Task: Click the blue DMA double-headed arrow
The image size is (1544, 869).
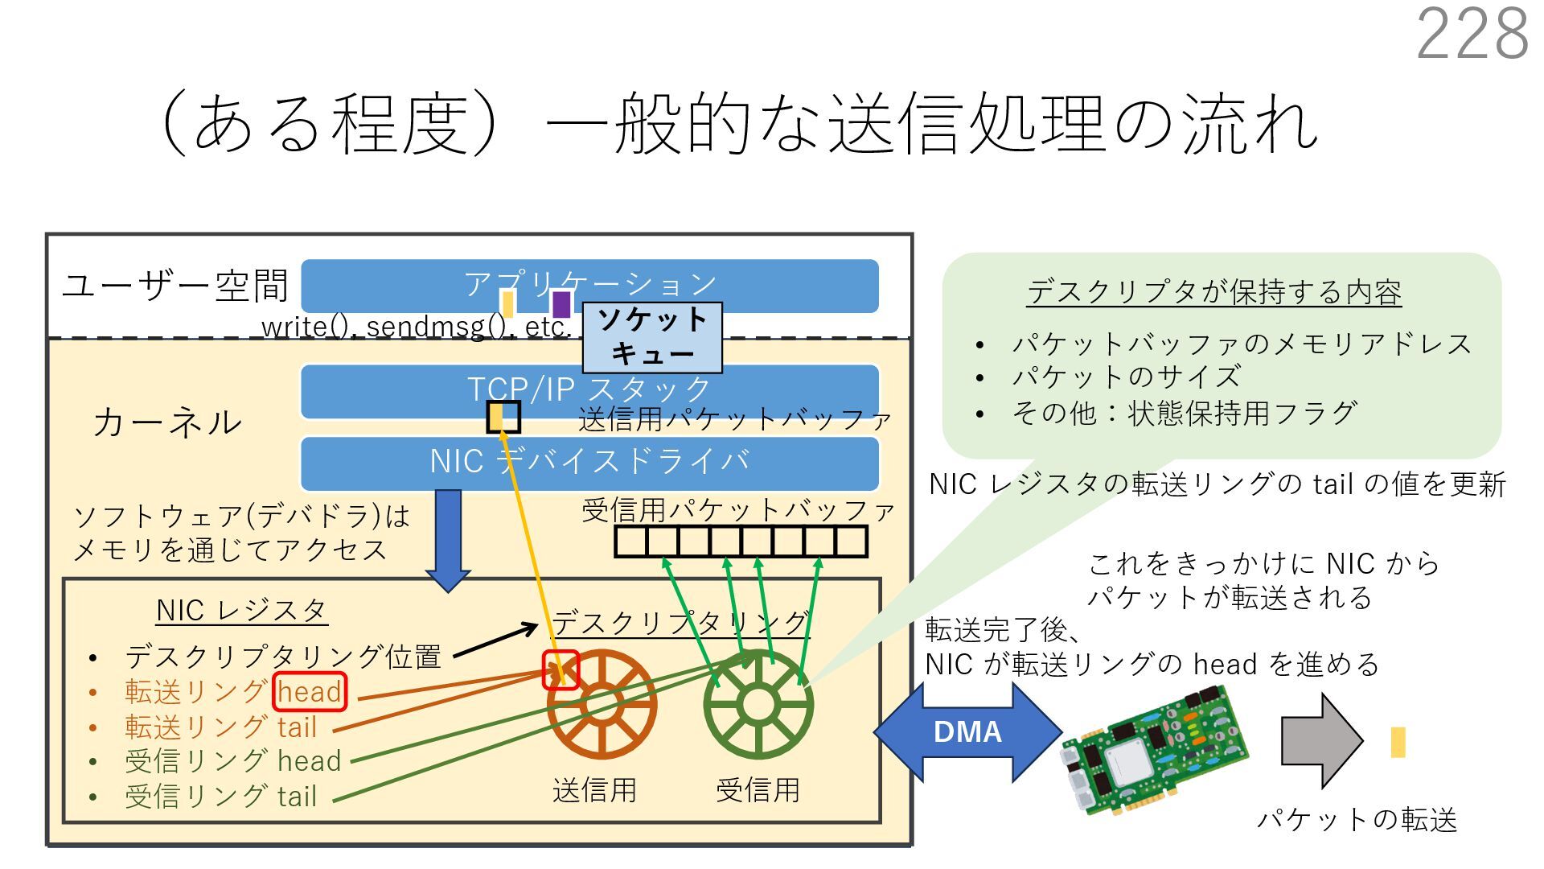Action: tap(967, 732)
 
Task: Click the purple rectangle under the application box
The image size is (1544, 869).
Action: tap(561, 304)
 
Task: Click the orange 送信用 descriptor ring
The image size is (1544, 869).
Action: tap(602, 705)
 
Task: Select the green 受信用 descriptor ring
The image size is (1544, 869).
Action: tap(758, 705)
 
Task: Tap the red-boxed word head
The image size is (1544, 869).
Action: tap(310, 692)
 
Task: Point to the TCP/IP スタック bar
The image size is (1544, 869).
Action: tap(589, 390)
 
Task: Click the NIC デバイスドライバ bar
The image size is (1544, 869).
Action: tap(589, 462)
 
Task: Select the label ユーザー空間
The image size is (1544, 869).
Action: tap(175, 286)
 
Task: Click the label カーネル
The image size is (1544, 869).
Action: tap(167, 422)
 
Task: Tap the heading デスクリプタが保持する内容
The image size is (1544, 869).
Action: tap(1213, 292)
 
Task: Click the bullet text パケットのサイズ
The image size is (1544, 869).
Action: tap(1126, 377)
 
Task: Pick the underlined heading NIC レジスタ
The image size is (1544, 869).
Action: tap(241, 611)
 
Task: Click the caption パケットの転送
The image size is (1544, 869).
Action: tap(1357, 820)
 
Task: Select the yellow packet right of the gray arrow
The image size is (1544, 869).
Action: tap(1398, 743)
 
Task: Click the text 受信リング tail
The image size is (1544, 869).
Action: tap(220, 797)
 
